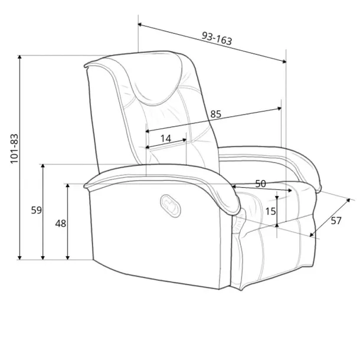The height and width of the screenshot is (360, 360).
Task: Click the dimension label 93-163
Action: [x=217, y=38]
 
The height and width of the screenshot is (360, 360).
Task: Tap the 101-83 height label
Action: [x=14, y=148]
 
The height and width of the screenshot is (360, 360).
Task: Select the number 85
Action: [x=215, y=114]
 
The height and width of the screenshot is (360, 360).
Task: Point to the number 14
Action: [x=165, y=139]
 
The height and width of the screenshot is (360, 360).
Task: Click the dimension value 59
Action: [x=37, y=210]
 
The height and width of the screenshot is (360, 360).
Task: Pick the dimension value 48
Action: [x=61, y=224]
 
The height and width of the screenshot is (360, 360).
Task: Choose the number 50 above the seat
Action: [x=261, y=184]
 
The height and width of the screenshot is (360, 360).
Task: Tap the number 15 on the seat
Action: [x=270, y=211]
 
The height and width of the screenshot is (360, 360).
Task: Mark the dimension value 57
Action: [x=336, y=221]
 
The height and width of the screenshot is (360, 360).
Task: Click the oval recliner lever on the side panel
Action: [x=171, y=205]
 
